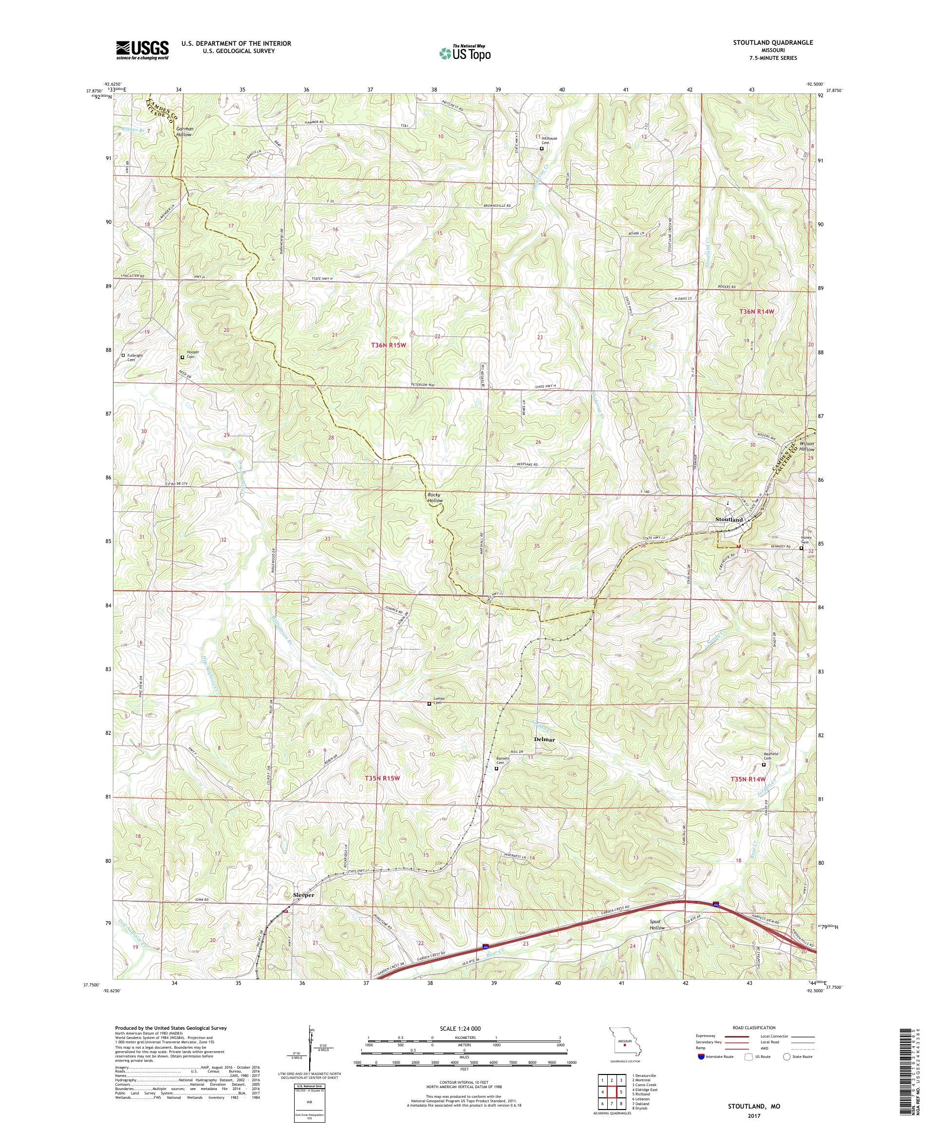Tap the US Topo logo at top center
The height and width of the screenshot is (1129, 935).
click(466, 53)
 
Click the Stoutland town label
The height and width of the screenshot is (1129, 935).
click(729, 520)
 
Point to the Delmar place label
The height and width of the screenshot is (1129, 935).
click(544, 739)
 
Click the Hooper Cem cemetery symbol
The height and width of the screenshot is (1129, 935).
click(182, 357)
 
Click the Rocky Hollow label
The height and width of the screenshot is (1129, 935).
click(435, 497)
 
